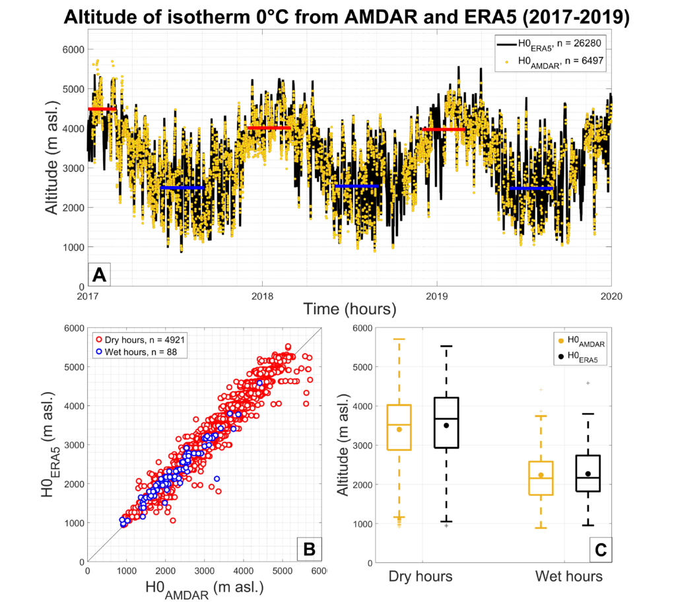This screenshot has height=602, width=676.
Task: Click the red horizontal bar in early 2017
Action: tap(102, 109)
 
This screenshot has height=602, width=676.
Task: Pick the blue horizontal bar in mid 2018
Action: tap(357, 186)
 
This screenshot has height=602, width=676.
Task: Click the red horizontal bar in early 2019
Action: tap(444, 129)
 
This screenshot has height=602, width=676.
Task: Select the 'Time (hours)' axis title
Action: tap(349, 308)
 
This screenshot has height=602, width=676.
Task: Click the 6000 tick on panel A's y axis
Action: tap(71, 50)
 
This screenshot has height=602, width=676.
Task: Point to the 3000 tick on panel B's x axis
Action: tap(203, 569)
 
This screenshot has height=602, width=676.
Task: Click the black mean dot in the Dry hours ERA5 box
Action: tap(446, 425)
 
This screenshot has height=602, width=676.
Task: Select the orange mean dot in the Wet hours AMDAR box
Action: tap(541, 475)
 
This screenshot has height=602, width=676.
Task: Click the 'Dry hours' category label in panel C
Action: tap(421, 576)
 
